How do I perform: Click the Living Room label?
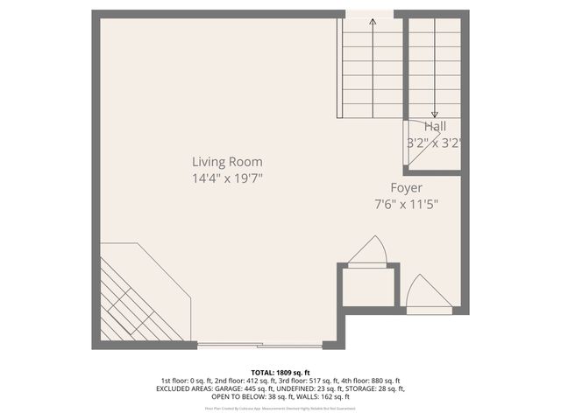pyautogui.click(x=228, y=162)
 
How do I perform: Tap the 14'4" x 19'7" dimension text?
pyautogui.click(x=228, y=178)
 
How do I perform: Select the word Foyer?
pyautogui.click(x=407, y=188)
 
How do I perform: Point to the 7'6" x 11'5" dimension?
pyautogui.click(x=407, y=205)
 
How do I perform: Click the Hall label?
pyautogui.click(x=435, y=127)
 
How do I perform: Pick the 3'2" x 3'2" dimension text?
pyautogui.click(x=434, y=142)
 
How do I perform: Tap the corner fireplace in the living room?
pyautogui.click(x=140, y=297)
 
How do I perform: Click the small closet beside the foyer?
pyautogui.click(x=368, y=288)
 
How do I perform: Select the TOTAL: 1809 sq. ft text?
pyautogui.click(x=280, y=372)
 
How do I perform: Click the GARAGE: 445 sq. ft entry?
pyautogui.click(x=237, y=388)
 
